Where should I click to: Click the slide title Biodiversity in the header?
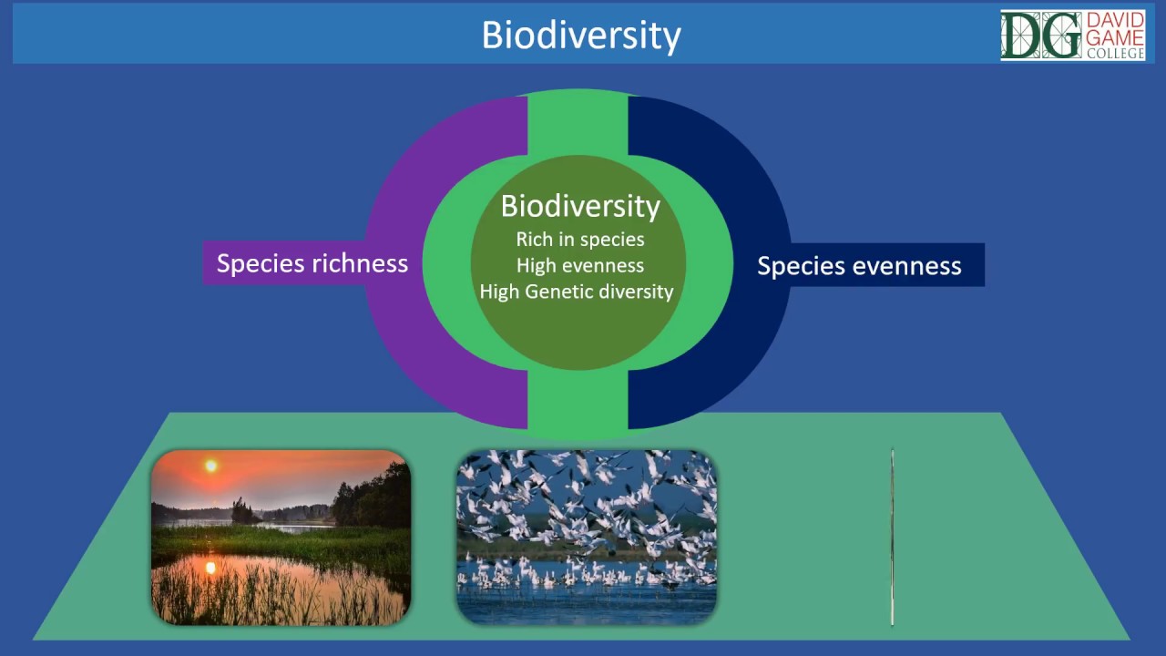(581, 36)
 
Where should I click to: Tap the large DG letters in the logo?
(1041, 36)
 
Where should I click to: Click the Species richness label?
(312, 263)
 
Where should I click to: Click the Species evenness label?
(859, 265)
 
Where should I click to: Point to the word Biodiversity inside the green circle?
(580, 206)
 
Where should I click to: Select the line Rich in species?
(580, 240)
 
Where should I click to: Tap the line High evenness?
(580, 266)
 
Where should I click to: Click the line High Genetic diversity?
(577, 292)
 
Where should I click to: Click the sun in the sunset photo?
(210, 466)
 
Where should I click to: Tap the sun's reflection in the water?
(210, 569)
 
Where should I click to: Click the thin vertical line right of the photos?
(893, 538)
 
